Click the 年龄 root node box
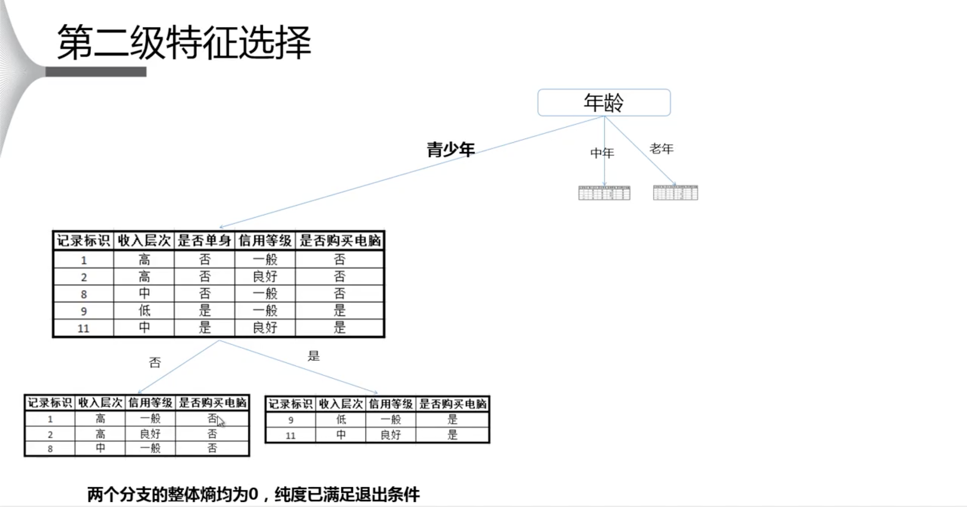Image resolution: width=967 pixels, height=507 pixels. tap(604, 103)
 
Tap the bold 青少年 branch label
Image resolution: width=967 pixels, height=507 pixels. tap(450, 150)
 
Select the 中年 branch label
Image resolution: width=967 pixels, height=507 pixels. tap(602, 153)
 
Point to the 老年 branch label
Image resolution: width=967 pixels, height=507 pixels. tap(661, 149)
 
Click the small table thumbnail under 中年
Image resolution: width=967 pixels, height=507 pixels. tap(604, 193)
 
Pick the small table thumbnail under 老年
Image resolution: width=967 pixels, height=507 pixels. tap(675, 193)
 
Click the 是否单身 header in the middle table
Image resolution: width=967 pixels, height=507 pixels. tap(204, 241)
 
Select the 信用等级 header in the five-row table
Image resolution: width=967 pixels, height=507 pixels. tap(265, 241)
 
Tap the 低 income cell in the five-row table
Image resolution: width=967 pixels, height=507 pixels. tap(144, 311)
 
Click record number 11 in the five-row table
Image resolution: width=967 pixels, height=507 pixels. tap(83, 328)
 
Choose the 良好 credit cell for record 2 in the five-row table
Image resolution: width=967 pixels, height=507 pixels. tap(265, 277)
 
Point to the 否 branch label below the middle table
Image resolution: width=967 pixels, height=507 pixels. tap(155, 363)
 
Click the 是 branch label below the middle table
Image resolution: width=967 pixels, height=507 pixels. tap(313, 356)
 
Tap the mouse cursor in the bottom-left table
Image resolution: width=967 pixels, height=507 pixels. tap(220, 421)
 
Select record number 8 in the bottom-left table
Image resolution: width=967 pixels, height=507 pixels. tap(50, 449)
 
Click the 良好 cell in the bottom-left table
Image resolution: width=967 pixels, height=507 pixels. tap(150, 434)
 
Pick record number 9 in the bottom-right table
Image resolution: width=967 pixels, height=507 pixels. tap(290, 420)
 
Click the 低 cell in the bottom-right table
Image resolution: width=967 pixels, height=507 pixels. tap(341, 420)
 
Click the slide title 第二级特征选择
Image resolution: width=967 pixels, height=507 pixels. tap(184, 42)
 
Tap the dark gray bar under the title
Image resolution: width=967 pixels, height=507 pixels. tap(96, 72)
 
